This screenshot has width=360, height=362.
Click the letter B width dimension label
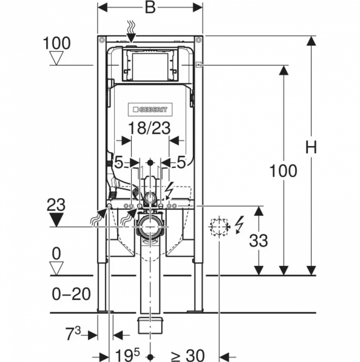click(x=150, y=8)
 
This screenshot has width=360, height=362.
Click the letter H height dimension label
click(x=311, y=147)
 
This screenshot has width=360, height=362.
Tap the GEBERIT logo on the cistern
click(x=150, y=109)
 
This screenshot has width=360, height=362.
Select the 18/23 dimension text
click(x=149, y=128)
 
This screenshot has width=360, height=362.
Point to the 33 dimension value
click(x=258, y=241)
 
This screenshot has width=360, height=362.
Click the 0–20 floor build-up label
click(x=71, y=294)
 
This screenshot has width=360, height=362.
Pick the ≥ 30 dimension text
click(x=188, y=355)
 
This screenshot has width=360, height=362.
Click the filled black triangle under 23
click(x=56, y=220)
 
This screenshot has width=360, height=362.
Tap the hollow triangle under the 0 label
click(x=56, y=268)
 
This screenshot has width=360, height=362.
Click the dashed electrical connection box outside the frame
click(x=219, y=227)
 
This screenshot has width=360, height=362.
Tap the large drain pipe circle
click(x=150, y=227)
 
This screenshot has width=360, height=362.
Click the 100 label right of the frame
click(x=283, y=171)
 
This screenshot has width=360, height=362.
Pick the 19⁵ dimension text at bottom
click(x=127, y=355)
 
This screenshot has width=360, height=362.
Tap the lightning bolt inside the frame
click(x=169, y=191)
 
